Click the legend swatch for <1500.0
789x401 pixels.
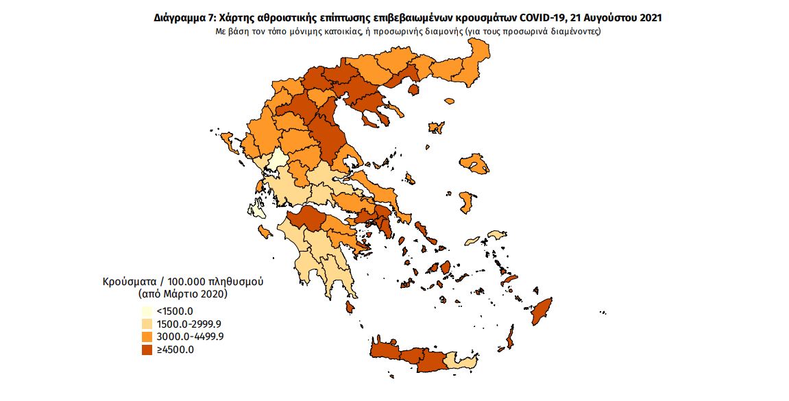[147, 311]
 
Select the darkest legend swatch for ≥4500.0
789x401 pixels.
[147, 350]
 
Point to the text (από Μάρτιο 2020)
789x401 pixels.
[182, 294]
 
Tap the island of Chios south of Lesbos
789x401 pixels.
[468, 202]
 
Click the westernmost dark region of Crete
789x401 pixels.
[384, 350]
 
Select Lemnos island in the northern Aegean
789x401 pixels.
[435, 127]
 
